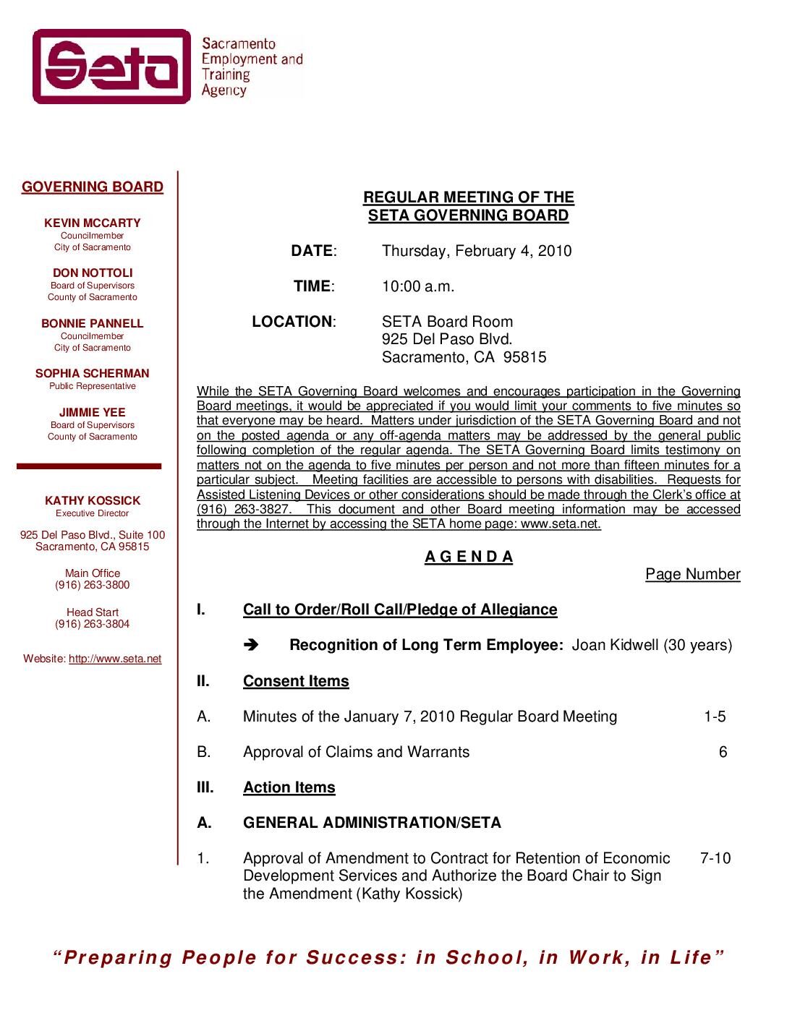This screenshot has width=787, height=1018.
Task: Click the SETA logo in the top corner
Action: (111, 67)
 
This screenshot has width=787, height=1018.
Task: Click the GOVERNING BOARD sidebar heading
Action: (93, 187)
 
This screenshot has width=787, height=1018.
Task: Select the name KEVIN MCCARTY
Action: (93, 223)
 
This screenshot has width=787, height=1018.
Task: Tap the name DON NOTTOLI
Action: (93, 273)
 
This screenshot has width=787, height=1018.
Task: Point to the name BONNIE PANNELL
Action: (93, 324)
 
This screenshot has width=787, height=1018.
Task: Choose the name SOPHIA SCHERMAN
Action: (93, 374)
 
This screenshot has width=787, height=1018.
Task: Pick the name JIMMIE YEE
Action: (93, 413)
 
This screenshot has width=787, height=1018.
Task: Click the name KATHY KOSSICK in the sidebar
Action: (93, 501)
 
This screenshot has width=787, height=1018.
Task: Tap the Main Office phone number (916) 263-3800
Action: (93, 585)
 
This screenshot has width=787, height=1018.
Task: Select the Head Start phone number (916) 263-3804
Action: (93, 624)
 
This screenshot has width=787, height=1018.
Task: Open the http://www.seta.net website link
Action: (115, 659)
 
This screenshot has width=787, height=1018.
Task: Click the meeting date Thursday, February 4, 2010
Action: (477, 251)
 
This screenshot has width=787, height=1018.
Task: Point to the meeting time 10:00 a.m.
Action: (418, 286)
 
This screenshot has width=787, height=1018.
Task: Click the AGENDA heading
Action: (469, 557)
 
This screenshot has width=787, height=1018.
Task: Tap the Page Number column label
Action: (693, 574)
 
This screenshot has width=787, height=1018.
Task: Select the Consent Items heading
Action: (296, 681)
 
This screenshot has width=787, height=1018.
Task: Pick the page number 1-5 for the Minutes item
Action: (715, 717)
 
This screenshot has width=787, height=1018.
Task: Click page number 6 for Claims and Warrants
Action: (723, 752)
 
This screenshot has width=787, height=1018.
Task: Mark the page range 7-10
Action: (715, 858)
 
